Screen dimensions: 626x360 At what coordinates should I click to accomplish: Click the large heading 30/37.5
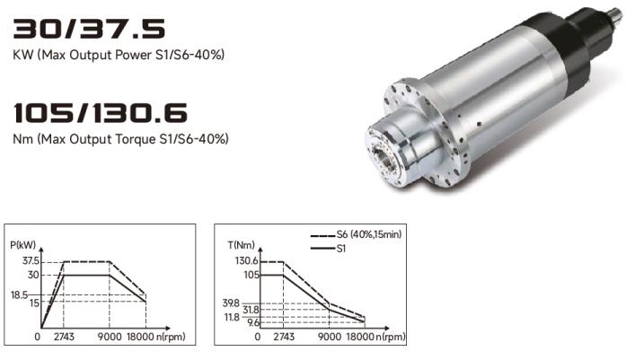(x=89, y=29)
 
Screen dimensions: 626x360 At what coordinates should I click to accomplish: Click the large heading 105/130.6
(x=101, y=112)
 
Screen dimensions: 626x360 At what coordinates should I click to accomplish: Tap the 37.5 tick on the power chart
(x=31, y=261)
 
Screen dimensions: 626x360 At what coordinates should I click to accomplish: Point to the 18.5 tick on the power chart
(x=19, y=295)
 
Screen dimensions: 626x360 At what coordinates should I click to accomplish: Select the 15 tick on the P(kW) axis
(x=34, y=303)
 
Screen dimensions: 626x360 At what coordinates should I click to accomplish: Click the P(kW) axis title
(x=22, y=245)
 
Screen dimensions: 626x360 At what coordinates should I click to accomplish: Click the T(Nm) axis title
(x=241, y=245)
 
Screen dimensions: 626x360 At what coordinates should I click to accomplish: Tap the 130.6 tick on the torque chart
(x=247, y=261)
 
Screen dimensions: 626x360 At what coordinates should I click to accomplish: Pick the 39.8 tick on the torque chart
(x=231, y=303)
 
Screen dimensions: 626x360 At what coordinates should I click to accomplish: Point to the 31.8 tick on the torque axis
(x=251, y=310)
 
